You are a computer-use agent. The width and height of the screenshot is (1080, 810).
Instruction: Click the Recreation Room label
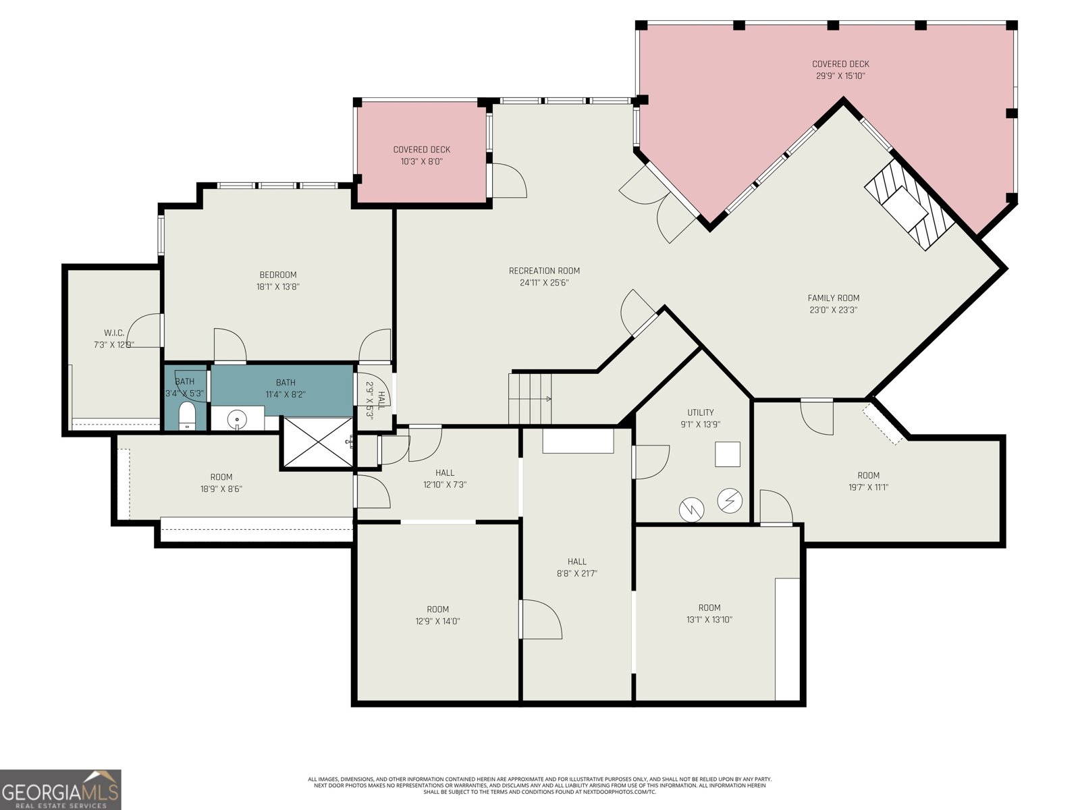544,271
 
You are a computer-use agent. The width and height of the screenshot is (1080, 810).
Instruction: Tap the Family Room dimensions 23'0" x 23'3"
833,310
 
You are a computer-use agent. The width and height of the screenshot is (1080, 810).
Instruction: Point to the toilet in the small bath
186,416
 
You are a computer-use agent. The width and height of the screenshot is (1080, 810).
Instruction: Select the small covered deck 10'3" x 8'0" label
422,156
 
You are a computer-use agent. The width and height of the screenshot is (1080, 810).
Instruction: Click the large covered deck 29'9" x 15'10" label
840,70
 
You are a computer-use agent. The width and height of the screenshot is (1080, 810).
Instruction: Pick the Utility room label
700,412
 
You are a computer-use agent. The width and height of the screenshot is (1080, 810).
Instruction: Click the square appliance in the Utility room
728,454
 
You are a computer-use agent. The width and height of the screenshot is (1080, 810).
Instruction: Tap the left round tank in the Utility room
691,509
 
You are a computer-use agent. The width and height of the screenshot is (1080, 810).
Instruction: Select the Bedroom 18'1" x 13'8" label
278,280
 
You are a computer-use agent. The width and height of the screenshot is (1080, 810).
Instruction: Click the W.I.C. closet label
113,333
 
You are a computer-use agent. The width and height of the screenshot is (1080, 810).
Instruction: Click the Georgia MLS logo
61,789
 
